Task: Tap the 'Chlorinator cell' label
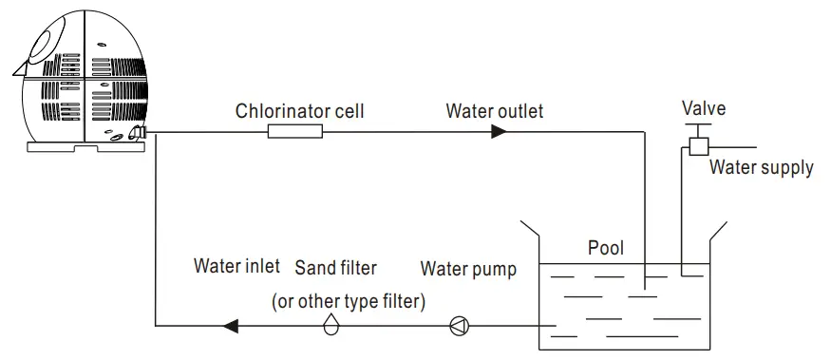(x=299, y=110)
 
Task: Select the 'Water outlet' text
(x=494, y=110)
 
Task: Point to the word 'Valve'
(x=704, y=108)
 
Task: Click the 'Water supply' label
(x=762, y=168)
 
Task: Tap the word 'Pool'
(x=606, y=248)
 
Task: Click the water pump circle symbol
(x=460, y=327)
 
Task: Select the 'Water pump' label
(x=469, y=269)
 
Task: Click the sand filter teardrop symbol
(x=331, y=326)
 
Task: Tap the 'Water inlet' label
(x=236, y=266)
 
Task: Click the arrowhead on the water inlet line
(x=229, y=327)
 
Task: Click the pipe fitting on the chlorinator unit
(x=139, y=133)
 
